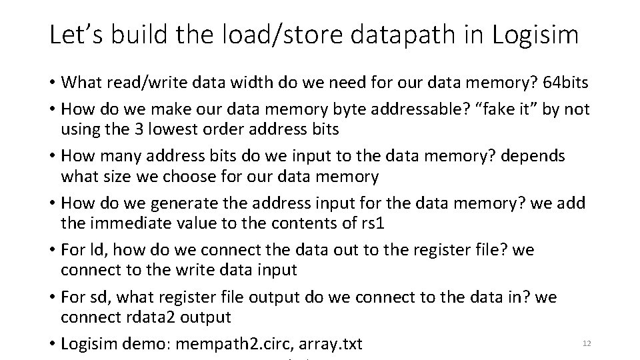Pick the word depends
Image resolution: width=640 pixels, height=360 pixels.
(x=533, y=157)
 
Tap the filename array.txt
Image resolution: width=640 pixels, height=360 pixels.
(x=331, y=345)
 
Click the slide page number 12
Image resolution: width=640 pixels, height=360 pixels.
(x=587, y=343)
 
